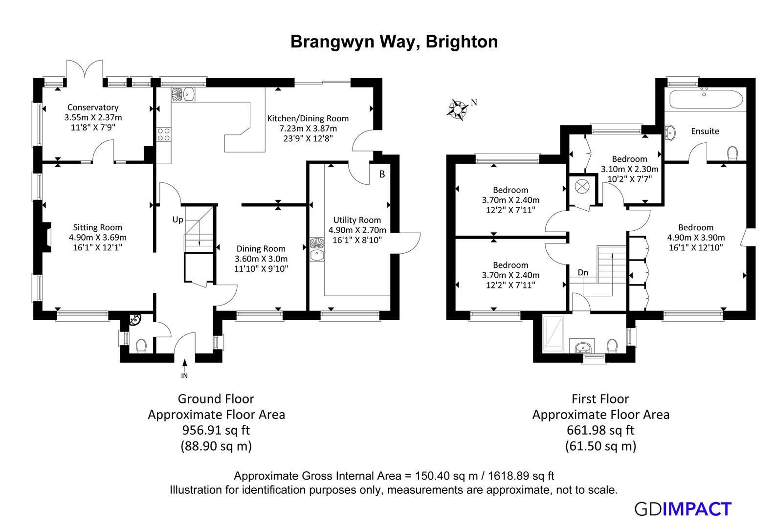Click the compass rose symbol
[458, 109]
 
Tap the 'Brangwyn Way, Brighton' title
[394, 42]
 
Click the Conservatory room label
[93, 107]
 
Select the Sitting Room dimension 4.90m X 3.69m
[98, 237]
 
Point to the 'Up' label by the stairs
[177, 220]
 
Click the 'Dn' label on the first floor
[583, 272]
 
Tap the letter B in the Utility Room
[382, 174]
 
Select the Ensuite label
[705, 131]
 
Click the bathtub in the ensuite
[705, 99]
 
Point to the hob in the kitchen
[163, 134]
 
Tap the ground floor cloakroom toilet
[141, 346]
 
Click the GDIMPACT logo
[683, 509]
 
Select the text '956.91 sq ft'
[216, 430]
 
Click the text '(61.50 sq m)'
[600, 446]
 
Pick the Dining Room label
[261, 248]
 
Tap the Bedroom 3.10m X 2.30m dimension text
[629, 169]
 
